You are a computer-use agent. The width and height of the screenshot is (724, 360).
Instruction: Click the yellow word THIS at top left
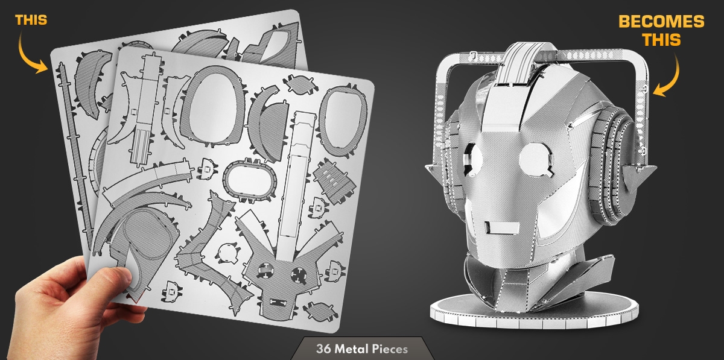click(31, 20)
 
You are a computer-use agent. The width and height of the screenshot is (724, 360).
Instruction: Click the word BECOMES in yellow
click(661, 22)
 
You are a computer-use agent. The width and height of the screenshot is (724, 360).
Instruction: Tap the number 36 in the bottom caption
click(323, 349)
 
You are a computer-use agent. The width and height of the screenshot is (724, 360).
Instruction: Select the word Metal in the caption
click(352, 349)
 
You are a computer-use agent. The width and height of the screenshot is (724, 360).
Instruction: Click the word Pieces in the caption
click(390, 349)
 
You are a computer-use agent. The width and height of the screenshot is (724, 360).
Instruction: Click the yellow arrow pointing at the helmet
click(669, 76)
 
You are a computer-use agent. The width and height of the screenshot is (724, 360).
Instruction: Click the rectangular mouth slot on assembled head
click(501, 227)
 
